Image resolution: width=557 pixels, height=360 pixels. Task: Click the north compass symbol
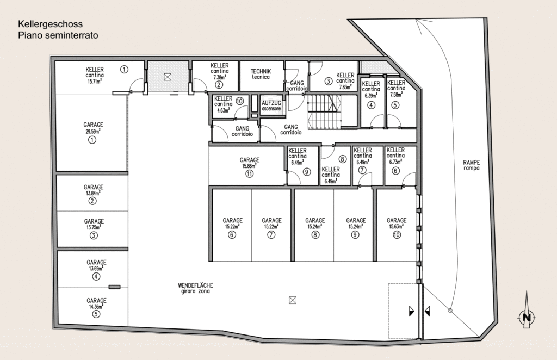[x=527, y=316]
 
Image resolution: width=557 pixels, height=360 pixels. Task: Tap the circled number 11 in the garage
[x=249, y=174]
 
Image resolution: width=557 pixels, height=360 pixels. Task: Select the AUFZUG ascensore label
[x=271, y=105]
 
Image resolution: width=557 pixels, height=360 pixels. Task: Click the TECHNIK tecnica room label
[x=261, y=74]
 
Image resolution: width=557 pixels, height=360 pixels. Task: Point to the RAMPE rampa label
[x=472, y=165]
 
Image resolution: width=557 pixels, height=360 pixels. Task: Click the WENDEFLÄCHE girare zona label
[x=195, y=288]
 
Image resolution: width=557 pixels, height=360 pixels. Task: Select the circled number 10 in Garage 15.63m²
[x=397, y=234]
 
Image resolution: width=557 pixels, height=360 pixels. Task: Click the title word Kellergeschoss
[x=51, y=24]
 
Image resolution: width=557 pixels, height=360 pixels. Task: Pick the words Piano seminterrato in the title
[x=58, y=35]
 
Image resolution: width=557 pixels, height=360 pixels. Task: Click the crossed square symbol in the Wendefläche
[x=292, y=300]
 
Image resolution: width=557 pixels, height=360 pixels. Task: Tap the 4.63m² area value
[x=224, y=110]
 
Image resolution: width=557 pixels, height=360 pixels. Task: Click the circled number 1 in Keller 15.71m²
[x=124, y=69]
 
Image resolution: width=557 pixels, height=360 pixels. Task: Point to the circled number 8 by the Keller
[x=343, y=159]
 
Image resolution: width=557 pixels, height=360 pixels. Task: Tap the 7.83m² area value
[x=345, y=86]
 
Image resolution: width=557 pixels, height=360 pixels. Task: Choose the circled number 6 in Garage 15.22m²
[x=232, y=234]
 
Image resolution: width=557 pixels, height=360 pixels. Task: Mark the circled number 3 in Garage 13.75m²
[x=94, y=235]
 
